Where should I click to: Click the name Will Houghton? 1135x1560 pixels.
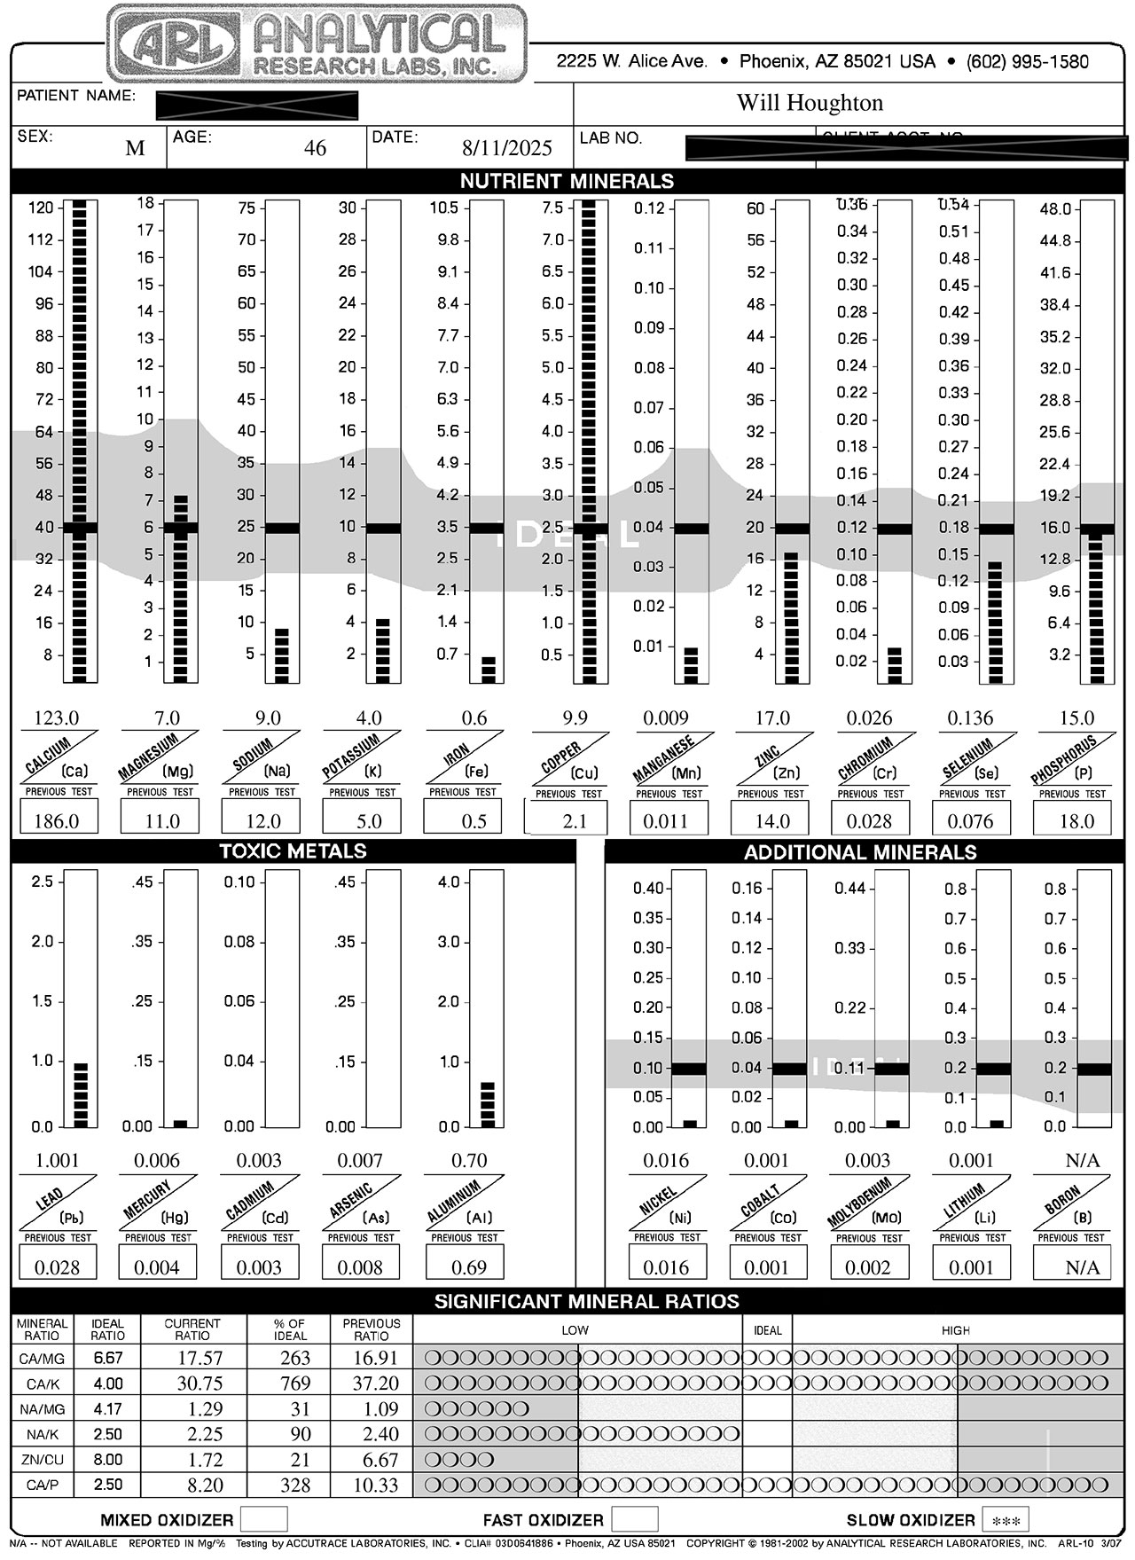pyautogui.click(x=810, y=103)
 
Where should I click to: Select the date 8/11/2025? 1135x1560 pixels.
pyautogui.click(x=507, y=148)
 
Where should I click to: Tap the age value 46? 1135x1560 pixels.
pyautogui.click(x=315, y=148)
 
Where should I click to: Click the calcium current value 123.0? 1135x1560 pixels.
pyautogui.click(x=56, y=718)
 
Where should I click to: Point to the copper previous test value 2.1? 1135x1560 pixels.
pyautogui.click(x=575, y=821)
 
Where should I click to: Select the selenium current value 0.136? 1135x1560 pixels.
pyautogui.click(x=970, y=718)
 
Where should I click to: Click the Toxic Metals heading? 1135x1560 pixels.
pyautogui.click(x=293, y=851)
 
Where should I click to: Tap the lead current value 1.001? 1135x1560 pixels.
pyautogui.click(x=58, y=1160)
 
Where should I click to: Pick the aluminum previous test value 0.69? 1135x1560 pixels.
pyautogui.click(x=469, y=1267)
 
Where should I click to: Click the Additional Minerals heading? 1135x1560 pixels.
pyautogui.click(x=859, y=852)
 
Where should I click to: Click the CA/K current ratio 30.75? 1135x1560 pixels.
pyautogui.click(x=192, y=1384)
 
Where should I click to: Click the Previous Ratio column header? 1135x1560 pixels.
pyautogui.click(x=372, y=1329)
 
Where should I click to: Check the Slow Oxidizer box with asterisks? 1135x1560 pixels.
pyautogui.click(x=1006, y=1520)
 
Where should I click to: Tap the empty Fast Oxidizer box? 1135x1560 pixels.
pyautogui.click(x=635, y=1519)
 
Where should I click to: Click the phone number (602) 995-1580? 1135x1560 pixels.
pyautogui.click(x=1027, y=62)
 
